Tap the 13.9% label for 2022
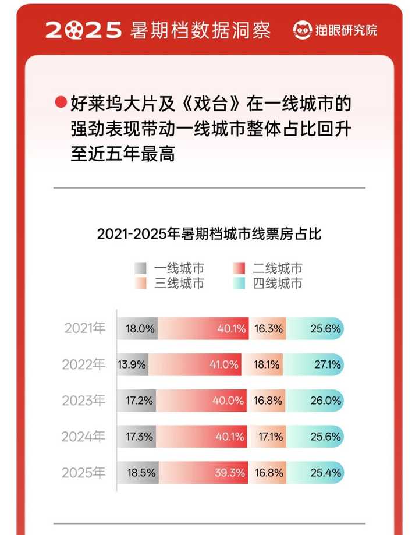132,365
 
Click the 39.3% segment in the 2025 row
230,473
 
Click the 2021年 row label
85,329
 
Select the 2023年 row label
85,401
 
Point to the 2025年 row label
85,473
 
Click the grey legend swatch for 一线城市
140,268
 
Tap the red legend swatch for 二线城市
239,268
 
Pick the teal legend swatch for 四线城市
239,284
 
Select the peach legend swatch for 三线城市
140,284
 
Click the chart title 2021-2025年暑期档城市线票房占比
210,235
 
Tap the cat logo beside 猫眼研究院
303,30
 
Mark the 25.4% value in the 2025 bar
326,473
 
